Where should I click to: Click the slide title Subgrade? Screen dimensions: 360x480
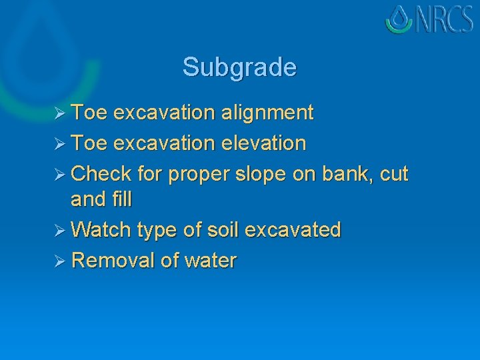pos(239,67)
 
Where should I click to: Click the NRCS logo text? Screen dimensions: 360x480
pos(445,20)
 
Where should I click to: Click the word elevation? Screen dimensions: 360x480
pos(266,143)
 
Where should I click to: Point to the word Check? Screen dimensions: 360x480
pos(101,174)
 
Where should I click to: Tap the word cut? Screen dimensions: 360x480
pos(394,175)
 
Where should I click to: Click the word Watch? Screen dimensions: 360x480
pos(101,230)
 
